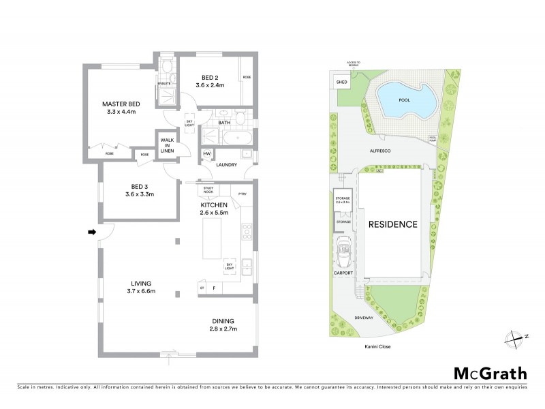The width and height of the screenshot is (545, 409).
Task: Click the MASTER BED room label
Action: point(121,104)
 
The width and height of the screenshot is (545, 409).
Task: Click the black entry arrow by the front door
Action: point(92,233)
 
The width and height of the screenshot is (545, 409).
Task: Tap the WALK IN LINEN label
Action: point(167,145)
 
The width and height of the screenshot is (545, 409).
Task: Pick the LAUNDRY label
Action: point(225,165)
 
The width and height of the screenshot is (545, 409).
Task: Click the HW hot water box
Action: point(206,154)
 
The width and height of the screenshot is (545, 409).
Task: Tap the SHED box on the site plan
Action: point(341,82)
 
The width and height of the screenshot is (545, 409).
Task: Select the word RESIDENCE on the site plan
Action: point(392,224)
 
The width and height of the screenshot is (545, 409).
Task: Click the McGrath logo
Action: point(490,373)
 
